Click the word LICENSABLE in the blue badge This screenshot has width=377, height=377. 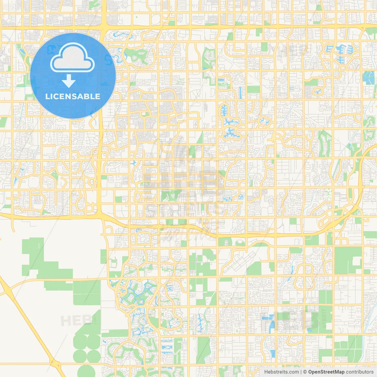[73, 96]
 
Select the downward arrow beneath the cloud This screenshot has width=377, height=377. [69, 81]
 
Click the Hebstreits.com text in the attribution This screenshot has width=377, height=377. [281, 372]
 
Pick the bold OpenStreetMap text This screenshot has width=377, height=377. [326, 372]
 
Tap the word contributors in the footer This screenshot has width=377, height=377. [360, 372]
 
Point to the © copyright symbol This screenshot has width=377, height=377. [305, 372]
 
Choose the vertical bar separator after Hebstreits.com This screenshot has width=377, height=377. [301, 372]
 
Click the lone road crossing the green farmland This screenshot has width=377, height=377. [59, 279]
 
